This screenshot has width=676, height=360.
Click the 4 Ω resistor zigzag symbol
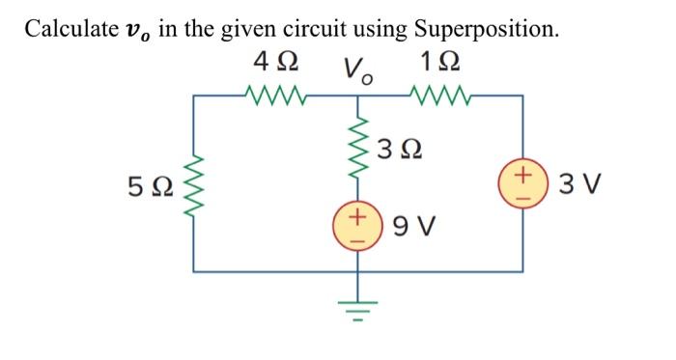[x=276, y=95]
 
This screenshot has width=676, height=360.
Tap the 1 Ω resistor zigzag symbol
[x=438, y=95]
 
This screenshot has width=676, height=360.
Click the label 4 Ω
[x=274, y=64]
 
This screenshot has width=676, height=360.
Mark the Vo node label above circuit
[x=357, y=69]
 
